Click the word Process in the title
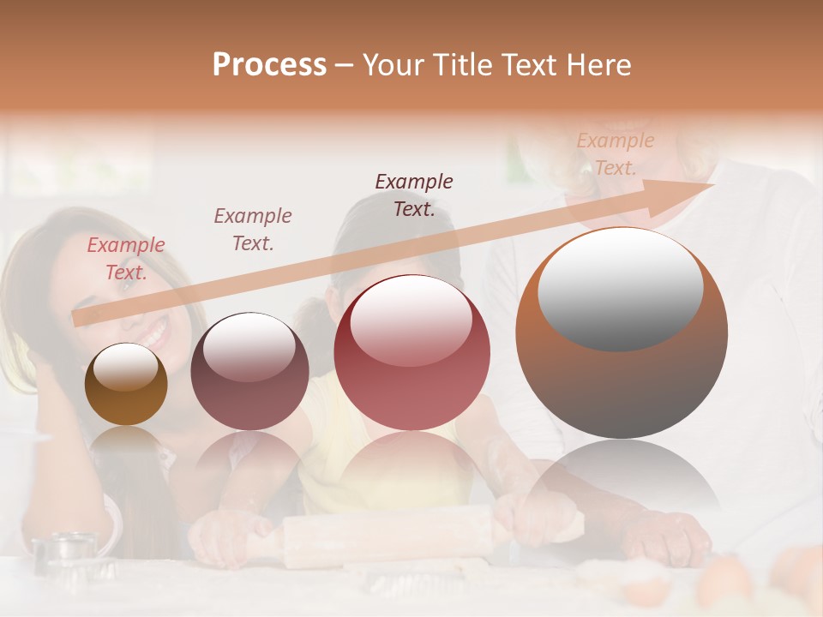pyautogui.click(x=269, y=65)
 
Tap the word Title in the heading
pyautogui.click(x=462, y=65)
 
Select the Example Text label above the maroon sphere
pyautogui.click(x=253, y=230)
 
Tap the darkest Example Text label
pyautogui.click(x=414, y=195)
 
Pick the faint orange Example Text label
pyautogui.click(x=615, y=154)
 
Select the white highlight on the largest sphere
pyautogui.click(x=620, y=287)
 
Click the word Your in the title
pyautogui.click(x=396, y=65)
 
